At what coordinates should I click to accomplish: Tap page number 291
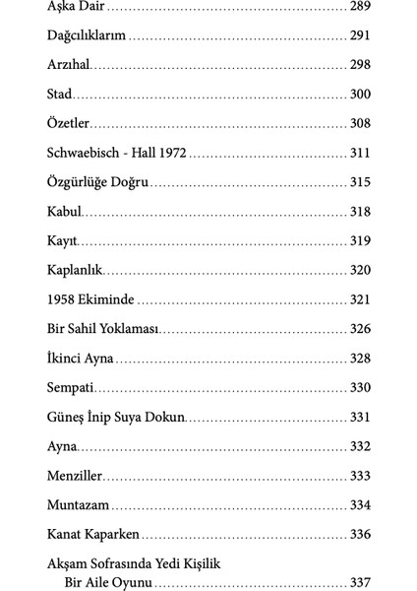(360, 37)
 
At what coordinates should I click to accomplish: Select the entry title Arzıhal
(69, 66)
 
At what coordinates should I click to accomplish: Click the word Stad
(59, 96)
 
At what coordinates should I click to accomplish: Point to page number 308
(360, 124)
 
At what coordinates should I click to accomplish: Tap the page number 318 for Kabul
(360, 212)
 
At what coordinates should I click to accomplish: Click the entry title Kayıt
(62, 241)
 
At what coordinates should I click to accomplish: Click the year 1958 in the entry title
(62, 299)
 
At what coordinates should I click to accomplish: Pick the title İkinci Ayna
(81, 358)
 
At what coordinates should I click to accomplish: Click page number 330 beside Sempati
(360, 387)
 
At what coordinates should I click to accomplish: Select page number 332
(360, 446)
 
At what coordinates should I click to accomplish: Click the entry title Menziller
(75, 476)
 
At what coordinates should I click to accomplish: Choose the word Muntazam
(78, 505)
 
